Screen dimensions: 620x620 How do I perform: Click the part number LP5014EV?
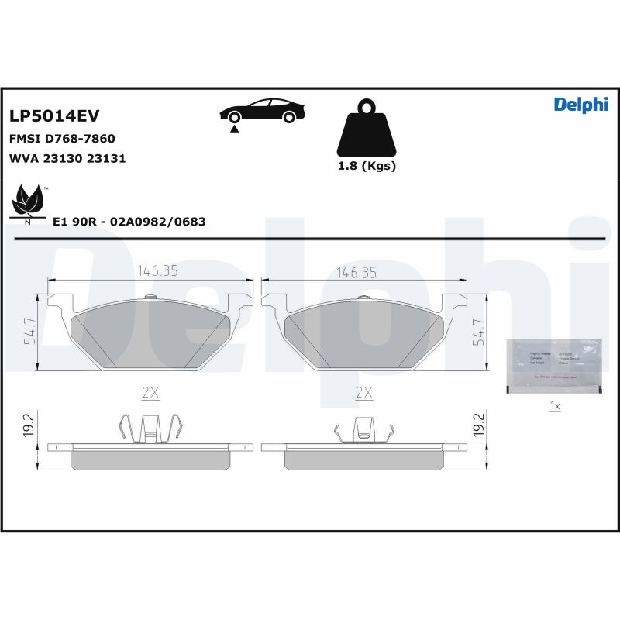[54, 116]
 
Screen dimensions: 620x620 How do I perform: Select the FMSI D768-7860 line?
[62, 139]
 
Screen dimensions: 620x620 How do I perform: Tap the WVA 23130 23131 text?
[67, 158]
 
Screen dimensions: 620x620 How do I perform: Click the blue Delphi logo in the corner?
[580, 105]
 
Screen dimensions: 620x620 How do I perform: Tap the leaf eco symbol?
[29, 201]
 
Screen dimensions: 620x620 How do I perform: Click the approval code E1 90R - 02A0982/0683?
[129, 222]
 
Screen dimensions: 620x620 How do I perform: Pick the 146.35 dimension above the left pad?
[158, 271]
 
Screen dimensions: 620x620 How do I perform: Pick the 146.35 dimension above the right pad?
[356, 271]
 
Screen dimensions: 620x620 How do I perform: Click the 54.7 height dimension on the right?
[478, 331]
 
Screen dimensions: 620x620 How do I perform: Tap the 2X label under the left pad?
[150, 393]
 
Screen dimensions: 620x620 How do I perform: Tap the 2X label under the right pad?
[363, 393]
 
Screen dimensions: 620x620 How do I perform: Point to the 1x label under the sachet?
[554, 405]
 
